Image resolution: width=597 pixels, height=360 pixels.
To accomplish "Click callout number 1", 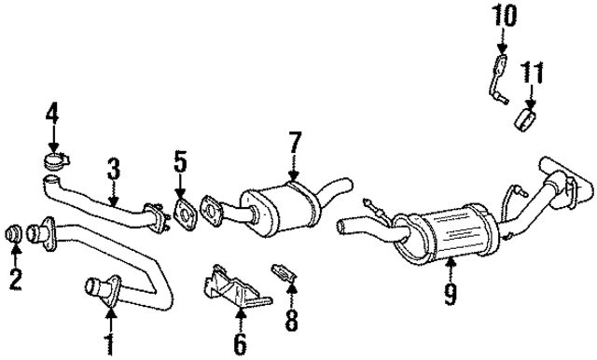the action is coord(109,344).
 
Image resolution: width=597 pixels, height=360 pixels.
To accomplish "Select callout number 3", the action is coord(112,169).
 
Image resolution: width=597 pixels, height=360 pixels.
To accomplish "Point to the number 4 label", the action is coord(52,116).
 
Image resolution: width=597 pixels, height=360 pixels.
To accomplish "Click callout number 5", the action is coord(180,163).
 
